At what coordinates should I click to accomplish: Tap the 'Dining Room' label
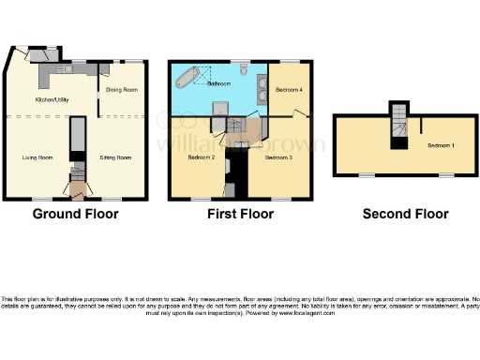point(123,90)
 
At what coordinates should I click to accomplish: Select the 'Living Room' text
point(37,158)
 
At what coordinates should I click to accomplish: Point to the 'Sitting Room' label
point(115,158)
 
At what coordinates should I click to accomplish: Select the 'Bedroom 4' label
point(288,90)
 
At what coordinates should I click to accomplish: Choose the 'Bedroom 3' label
point(278,157)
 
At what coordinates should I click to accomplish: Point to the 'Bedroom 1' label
point(441,146)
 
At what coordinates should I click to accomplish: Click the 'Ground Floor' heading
point(75,214)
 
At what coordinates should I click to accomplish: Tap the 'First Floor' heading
point(240,214)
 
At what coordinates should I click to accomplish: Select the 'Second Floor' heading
point(405,214)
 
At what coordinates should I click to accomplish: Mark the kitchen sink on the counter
point(67,67)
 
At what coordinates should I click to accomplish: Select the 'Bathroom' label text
point(218,83)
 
